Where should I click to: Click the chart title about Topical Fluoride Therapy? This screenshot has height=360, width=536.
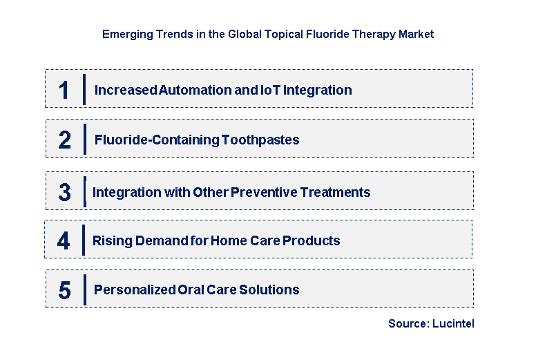coord(268,34)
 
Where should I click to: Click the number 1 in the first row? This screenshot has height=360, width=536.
coord(64,91)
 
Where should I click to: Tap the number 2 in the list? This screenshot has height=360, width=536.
coord(64,140)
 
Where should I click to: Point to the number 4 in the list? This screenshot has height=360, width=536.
coord(64,241)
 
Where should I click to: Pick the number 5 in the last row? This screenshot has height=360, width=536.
coord(64,290)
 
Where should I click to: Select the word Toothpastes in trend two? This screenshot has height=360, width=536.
coord(260,140)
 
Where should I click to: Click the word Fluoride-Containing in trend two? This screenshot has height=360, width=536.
coord(157,140)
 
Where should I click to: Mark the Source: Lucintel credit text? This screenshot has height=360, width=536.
coord(431,323)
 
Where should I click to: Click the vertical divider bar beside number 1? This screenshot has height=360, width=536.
coord(84,89)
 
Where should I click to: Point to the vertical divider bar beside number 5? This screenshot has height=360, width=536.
coord(84,290)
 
